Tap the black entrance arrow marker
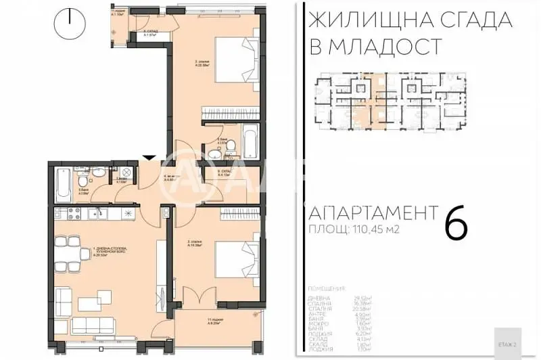[x=149, y=158]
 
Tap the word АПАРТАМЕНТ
[x=369, y=212]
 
